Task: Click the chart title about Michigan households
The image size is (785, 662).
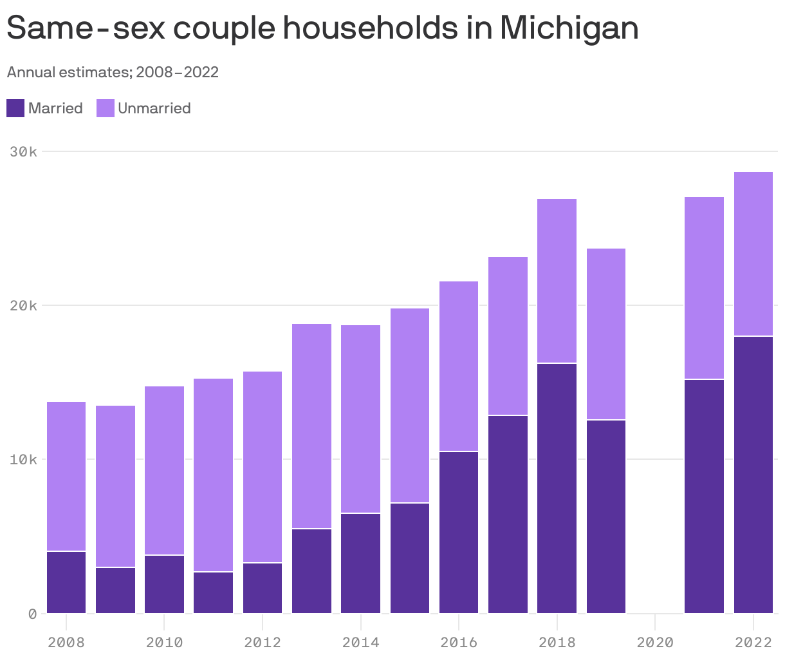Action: coord(322,28)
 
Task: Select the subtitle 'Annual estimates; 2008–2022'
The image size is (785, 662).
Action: coord(113,72)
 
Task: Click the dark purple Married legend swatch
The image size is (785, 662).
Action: coord(15,108)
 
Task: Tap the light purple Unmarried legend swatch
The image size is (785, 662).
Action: coord(106,108)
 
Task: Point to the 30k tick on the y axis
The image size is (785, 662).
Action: coord(24,152)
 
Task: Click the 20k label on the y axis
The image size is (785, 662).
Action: coord(24,306)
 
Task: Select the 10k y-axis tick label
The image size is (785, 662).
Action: coord(24,460)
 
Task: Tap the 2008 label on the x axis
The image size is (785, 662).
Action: coord(66,642)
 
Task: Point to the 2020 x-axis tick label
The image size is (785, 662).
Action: coord(654,642)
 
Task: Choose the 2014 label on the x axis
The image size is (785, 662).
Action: coord(360,642)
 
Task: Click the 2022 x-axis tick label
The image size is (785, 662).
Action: coord(753,642)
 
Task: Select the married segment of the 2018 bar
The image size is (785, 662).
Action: coord(557,488)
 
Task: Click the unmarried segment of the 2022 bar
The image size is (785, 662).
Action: coord(753,254)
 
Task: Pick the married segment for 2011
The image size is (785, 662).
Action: coord(213,592)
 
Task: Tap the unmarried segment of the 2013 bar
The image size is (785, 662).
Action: coord(311,426)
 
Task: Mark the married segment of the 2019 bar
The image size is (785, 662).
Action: coord(605,516)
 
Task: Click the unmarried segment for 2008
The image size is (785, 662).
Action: coord(66,476)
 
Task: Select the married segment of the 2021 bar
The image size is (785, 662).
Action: coord(704,496)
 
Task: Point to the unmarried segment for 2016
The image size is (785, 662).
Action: coord(459,366)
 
